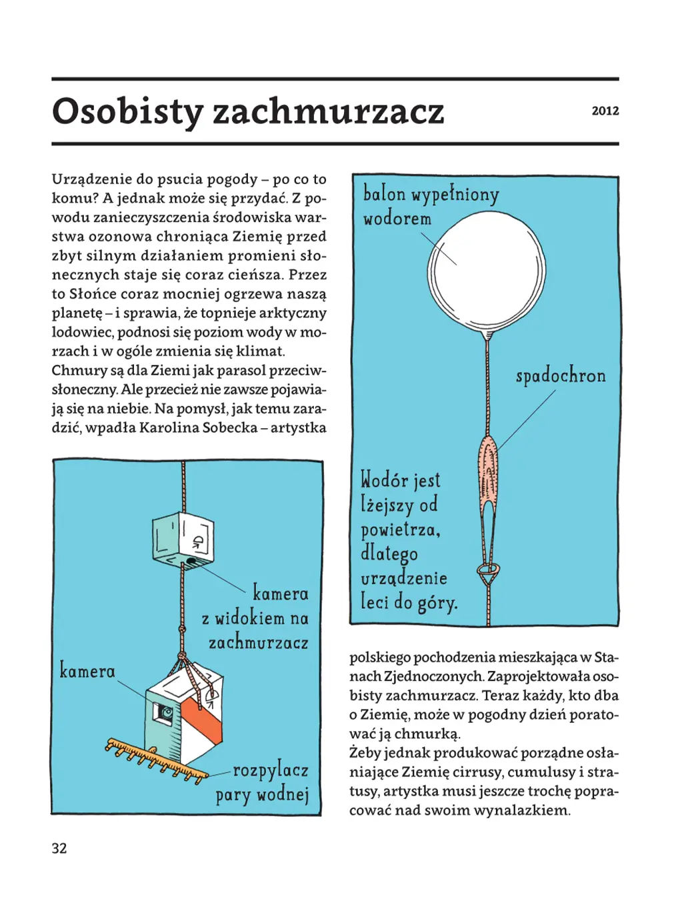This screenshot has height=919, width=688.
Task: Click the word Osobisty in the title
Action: [x=127, y=111]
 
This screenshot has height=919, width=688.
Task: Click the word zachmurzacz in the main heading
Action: [x=328, y=111]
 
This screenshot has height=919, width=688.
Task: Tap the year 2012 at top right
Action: [x=605, y=111]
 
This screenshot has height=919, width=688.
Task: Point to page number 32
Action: [x=59, y=848]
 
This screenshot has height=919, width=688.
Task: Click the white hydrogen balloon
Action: [x=487, y=272]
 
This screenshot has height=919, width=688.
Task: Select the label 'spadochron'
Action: [x=561, y=375]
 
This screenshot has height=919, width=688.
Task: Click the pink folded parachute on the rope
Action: [x=488, y=474]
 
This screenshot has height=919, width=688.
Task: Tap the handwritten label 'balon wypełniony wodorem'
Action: [x=430, y=205]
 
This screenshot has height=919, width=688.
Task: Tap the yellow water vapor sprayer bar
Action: [x=157, y=758]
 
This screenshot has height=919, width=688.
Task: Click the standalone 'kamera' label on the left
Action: [x=87, y=670]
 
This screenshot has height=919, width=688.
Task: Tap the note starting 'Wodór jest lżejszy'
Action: [x=408, y=541]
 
